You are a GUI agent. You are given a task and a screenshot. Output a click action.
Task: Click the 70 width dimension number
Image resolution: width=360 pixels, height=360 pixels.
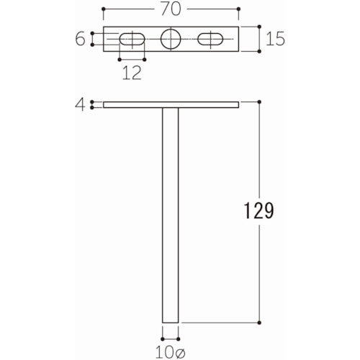click(171, 11)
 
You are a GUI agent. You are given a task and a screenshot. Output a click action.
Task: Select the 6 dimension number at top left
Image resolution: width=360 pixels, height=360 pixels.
click(80, 39)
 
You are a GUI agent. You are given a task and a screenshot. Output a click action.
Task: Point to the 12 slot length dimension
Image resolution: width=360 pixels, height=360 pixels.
click(131, 73)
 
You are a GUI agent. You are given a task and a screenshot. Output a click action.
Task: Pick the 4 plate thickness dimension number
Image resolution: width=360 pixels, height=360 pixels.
click(80, 105)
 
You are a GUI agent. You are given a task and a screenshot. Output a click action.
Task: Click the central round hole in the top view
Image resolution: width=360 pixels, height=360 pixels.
click(171, 39)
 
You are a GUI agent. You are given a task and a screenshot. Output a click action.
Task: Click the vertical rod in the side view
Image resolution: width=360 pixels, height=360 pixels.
click(170, 216)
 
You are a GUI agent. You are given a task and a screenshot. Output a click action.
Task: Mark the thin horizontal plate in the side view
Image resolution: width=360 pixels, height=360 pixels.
click(171, 105)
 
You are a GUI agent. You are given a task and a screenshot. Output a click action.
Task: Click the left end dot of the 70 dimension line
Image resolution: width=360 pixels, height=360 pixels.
click(104, 11)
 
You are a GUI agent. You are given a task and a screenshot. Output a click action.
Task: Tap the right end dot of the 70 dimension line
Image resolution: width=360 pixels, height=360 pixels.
click(238, 11)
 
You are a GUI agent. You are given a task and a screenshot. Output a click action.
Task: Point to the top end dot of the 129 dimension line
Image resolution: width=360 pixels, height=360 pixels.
click(258, 102)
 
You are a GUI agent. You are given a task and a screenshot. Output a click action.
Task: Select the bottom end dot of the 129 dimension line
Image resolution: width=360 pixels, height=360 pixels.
click(258, 323)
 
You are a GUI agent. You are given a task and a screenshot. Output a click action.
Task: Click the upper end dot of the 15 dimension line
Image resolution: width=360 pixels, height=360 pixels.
click(258, 27)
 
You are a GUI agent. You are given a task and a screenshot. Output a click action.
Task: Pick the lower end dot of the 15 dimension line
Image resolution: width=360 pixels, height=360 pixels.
click(258, 51)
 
